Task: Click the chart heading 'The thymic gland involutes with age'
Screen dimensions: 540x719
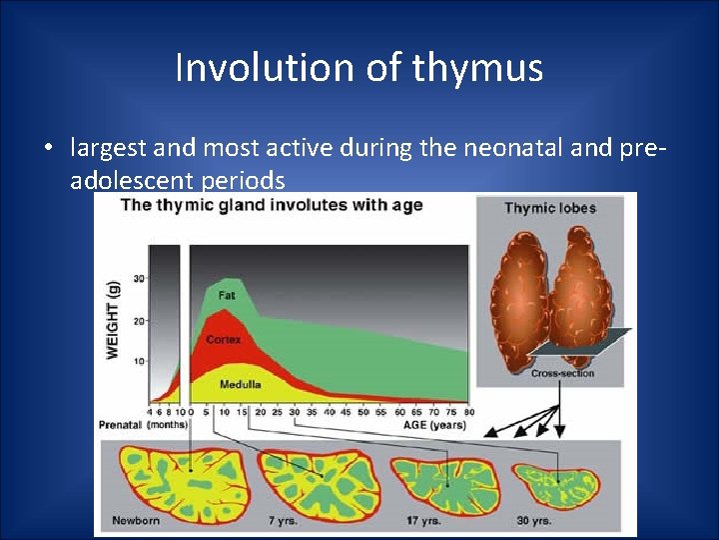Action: pyautogui.click(x=272, y=206)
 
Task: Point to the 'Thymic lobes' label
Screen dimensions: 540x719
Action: pyautogui.click(x=549, y=208)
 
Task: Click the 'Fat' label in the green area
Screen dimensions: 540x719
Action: pyautogui.click(x=227, y=296)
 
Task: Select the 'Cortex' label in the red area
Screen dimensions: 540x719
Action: pyautogui.click(x=224, y=340)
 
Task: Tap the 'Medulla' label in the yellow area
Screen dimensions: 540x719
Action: pyautogui.click(x=240, y=383)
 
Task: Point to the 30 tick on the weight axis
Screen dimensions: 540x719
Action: pyautogui.click(x=139, y=279)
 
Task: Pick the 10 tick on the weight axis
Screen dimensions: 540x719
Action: pyautogui.click(x=139, y=361)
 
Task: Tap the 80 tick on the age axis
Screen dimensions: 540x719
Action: pyautogui.click(x=468, y=411)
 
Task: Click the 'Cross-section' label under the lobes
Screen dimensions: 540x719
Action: pyautogui.click(x=562, y=373)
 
